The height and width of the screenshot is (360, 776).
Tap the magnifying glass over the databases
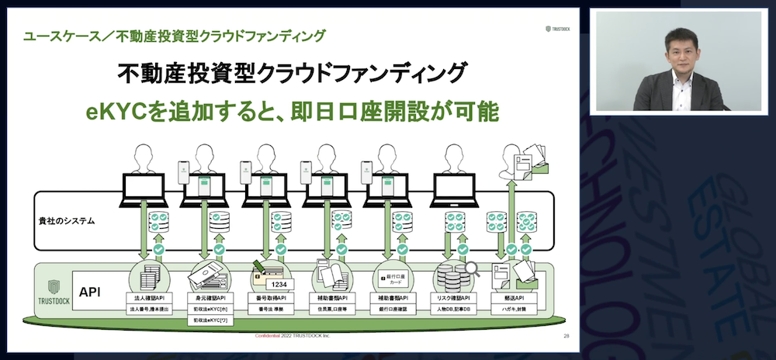click(x=471, y=269)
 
